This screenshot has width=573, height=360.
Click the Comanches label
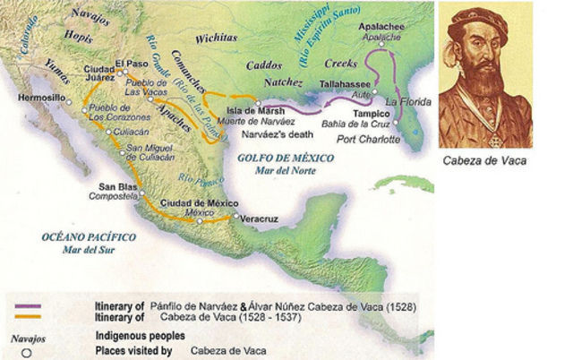point(194,67)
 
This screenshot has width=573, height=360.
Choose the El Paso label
point(133,64)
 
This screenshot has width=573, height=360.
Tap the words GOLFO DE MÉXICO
point(273,158)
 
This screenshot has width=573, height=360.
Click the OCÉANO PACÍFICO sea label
point(89,236)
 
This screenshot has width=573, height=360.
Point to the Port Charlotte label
point(366,139)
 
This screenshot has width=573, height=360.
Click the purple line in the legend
point(28,306)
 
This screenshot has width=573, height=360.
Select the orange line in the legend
point(28,315)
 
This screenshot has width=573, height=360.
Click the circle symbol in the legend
point(28,352)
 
